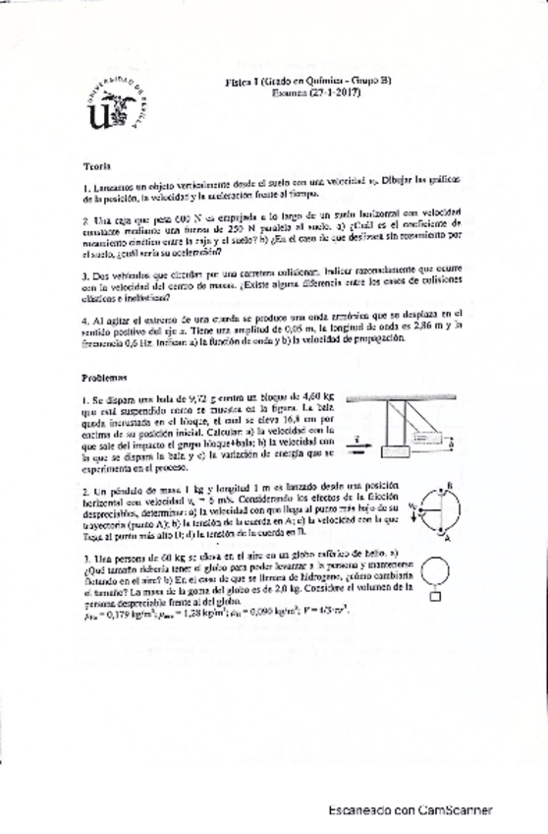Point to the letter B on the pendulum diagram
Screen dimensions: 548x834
click(x=448, y=485)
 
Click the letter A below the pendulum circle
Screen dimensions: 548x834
click(x=447, y=538)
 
